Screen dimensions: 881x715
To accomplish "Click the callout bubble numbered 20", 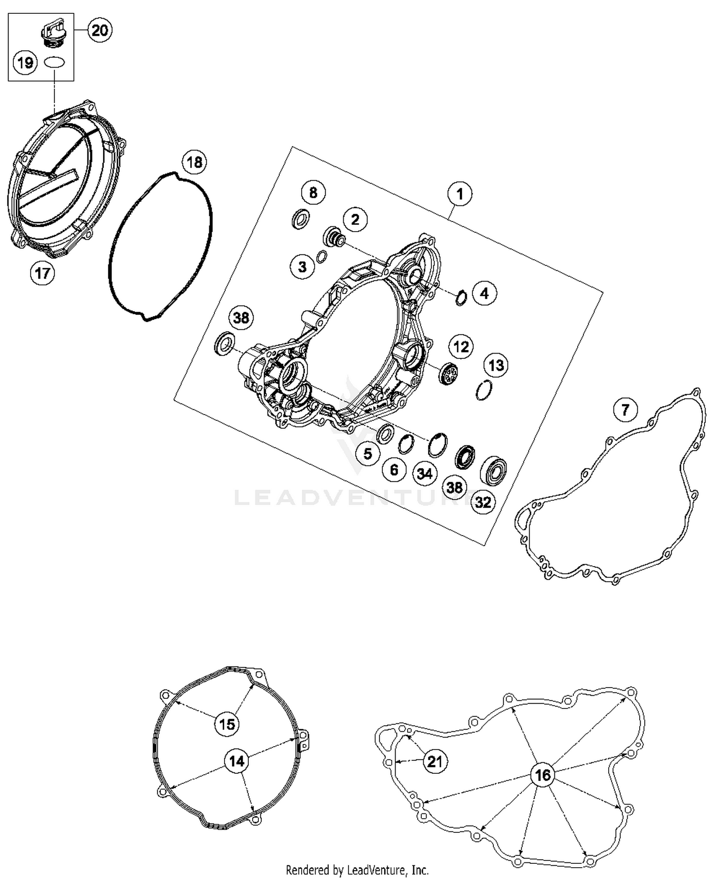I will pos(100,31).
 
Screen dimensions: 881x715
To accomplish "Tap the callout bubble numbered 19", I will pos(25,62).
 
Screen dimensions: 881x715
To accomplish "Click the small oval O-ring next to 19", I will pos(54,62).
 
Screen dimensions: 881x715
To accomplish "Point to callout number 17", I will pos(42,273).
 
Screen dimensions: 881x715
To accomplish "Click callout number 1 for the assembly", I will pos(460,194).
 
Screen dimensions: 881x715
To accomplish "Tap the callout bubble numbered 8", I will pos(313,192).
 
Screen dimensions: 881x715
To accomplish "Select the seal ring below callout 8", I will pos(300,219).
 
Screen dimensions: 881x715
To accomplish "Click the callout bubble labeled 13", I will pos(496,365).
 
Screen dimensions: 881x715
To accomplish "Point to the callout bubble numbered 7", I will pos(625,410).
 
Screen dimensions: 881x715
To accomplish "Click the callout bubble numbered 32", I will pos(483,502).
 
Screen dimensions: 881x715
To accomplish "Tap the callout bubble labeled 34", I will pos(424,474).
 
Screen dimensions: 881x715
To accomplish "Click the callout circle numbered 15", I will pos(227,724).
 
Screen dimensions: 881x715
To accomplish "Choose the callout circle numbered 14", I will pos(237,761).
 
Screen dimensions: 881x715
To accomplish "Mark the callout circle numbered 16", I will pos(542,775).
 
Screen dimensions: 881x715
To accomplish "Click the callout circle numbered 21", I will pos(435,761).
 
